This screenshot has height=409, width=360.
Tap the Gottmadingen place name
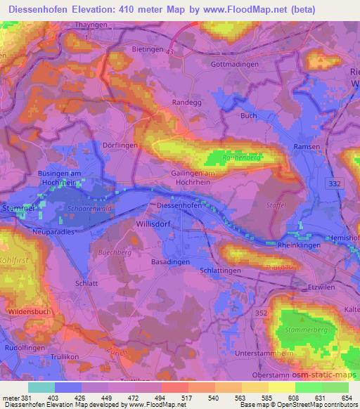[x=235, y=64]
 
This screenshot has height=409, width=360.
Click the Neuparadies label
[x=53, y=231]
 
